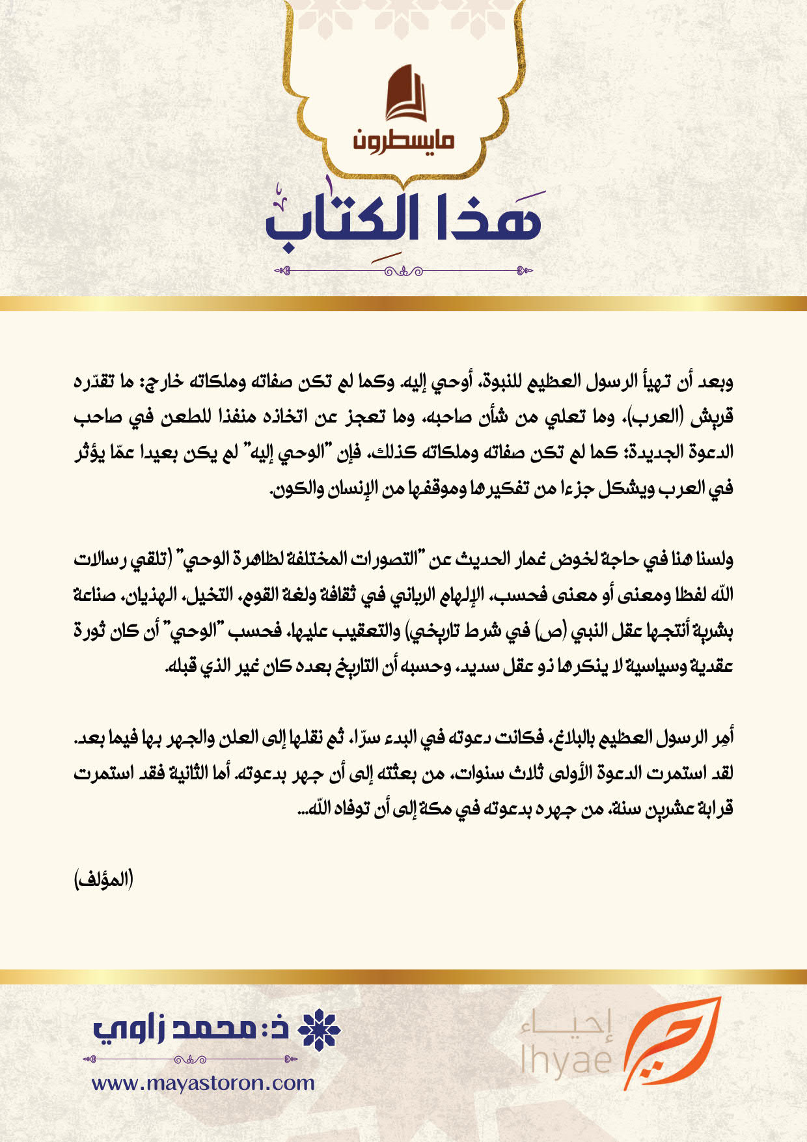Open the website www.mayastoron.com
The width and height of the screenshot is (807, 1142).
pyautogui.click(x=203, y=1083)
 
